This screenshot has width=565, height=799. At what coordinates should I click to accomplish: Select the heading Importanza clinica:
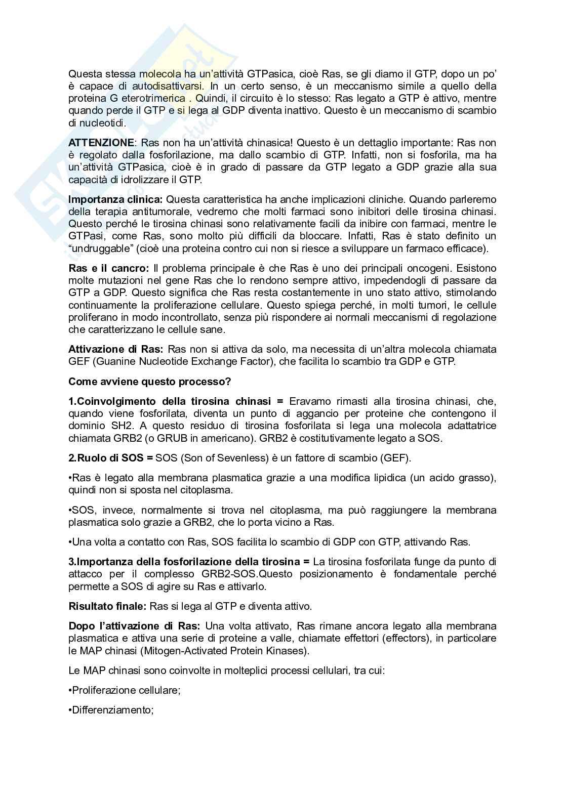click(x=115, y=199)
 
